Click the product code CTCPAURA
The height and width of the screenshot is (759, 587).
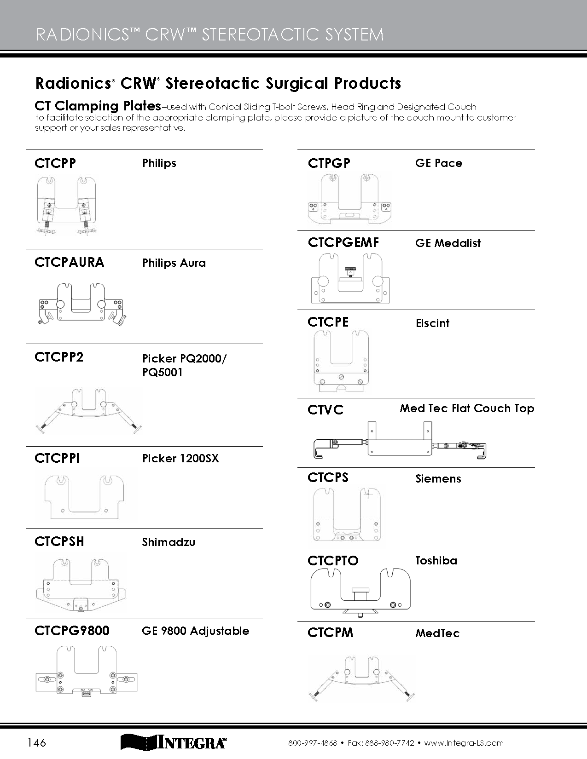pos(69,263)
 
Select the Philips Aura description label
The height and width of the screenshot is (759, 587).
pos(174,263)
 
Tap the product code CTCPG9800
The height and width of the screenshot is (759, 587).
pos(72,631)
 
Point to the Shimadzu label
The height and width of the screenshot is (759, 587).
pos(169,542)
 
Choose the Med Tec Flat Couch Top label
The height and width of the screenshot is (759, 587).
pos(466,408)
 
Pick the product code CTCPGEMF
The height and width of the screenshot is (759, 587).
pos(343,242)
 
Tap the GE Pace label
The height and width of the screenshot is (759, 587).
pos(438,163)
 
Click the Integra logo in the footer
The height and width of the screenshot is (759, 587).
pos(173,742)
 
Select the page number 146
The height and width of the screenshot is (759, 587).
pos(36,742)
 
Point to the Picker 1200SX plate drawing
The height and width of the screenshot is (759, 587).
pos(85,496)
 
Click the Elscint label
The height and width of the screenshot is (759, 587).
pos(432,323)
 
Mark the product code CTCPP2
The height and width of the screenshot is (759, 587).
pos(59,357)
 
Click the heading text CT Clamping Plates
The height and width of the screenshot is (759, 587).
pos(98,106)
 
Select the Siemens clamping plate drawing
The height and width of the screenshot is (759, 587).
pos(347,514)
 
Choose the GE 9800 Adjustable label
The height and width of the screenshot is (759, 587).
pos(195,631)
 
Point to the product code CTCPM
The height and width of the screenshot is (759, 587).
pos(330,633)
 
